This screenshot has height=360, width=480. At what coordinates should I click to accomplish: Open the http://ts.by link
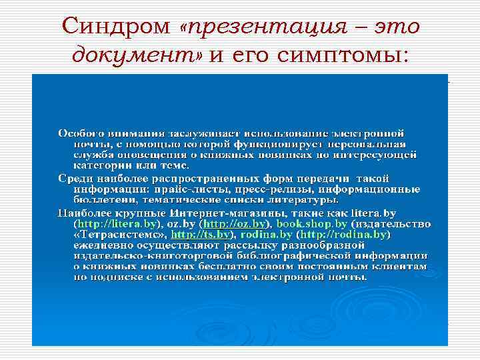pos(201,235)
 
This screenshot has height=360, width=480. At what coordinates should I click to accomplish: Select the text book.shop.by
pos(311,225)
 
